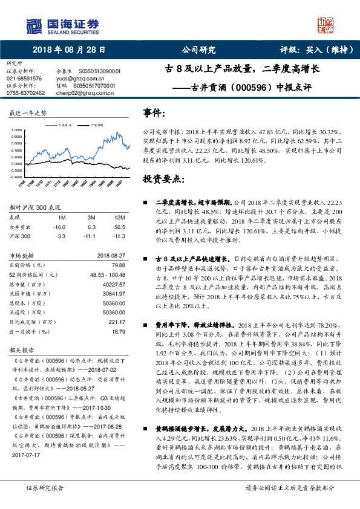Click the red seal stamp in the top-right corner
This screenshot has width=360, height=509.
click(327, 25)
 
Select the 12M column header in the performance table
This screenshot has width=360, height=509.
click(119, 216)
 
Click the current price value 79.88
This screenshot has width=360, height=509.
click(118, 264)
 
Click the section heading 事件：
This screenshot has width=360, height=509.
click(154, 113)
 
